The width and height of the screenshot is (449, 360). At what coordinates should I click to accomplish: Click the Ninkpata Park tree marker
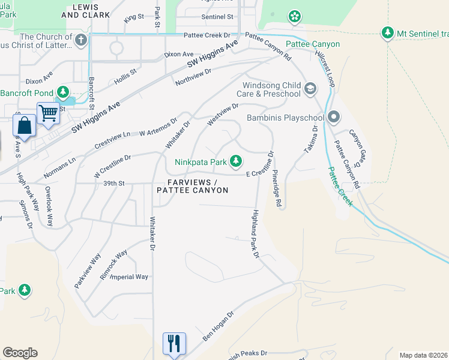coord(237,161)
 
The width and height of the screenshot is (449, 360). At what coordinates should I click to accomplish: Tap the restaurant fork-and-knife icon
coord(174,343)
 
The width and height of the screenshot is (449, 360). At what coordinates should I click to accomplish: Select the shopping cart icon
coord(48,112)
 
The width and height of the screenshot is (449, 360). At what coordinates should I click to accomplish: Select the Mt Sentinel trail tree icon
coord(388,32)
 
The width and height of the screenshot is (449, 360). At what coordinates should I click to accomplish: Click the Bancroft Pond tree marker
coord(62,93)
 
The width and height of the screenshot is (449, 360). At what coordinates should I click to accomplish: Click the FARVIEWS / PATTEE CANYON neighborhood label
coord(192,186)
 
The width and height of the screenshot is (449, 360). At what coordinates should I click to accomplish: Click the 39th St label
coord(113,183)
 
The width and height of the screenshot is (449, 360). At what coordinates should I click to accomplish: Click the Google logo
coord(20,353)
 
